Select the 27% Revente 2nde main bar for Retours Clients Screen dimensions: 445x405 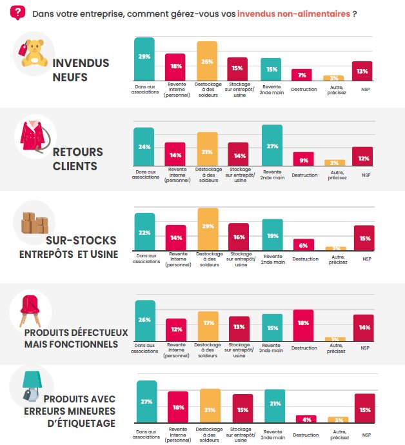[x=272, y=148]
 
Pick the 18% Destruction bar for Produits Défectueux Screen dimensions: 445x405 [x=302, y=324]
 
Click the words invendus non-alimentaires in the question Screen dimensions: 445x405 [x=293, y=13]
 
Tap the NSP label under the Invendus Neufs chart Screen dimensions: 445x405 [x=366, y=89]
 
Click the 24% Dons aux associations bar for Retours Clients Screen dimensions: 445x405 [x=144, y=148]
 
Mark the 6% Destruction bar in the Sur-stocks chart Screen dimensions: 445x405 [x=302, y=244]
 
